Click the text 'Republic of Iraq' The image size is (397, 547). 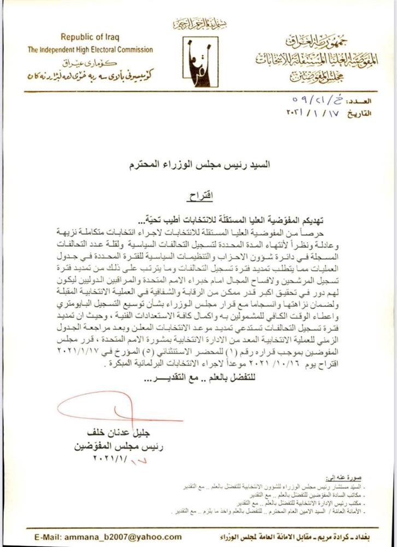point(90,38)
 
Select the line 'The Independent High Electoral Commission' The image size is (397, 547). point(91,50)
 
